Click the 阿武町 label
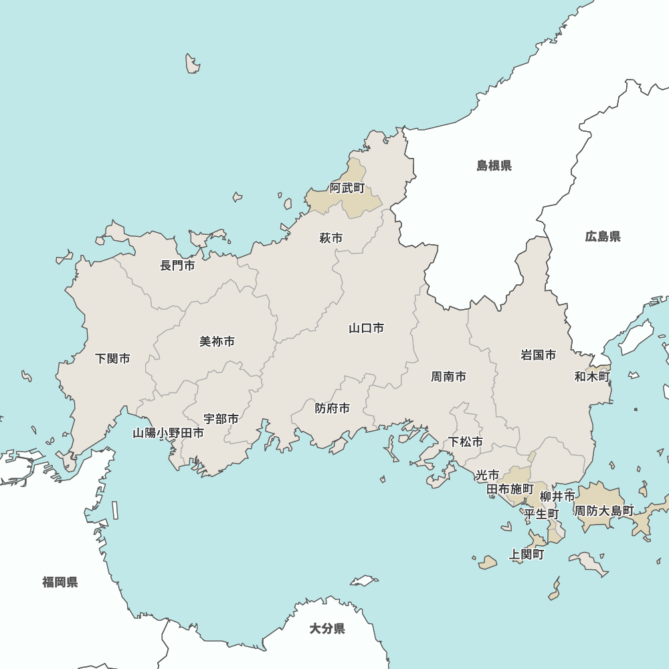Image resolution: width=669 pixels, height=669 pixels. point(347,188)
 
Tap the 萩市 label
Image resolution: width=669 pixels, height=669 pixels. point(331,238)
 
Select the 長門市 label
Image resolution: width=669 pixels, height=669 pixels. point(177,266)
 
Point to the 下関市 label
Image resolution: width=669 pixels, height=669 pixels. point(112,359)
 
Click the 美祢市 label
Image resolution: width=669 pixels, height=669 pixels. point(217,341)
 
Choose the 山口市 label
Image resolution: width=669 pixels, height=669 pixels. point(367,328)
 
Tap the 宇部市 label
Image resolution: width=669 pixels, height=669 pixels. point(221,419)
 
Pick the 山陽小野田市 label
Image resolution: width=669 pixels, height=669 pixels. point(168,433)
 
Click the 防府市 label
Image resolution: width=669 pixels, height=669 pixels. point(332,408)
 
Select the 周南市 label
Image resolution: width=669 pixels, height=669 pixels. point(449,377)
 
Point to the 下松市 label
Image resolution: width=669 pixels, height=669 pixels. point(466,442)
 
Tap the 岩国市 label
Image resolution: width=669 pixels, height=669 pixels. point(539,355)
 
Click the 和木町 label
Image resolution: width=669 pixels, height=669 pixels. point(592,377)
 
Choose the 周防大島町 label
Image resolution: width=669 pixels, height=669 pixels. point(604,510)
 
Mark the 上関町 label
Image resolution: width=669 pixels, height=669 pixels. point(527,555)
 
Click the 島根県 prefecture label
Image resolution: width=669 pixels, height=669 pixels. point(494,165)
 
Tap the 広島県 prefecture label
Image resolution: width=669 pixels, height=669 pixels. point(603,236)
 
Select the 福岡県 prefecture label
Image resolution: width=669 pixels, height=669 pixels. point(60,582)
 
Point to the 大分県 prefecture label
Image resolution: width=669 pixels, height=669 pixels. point(327,629)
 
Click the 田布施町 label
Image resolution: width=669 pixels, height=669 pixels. point(510,489)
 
